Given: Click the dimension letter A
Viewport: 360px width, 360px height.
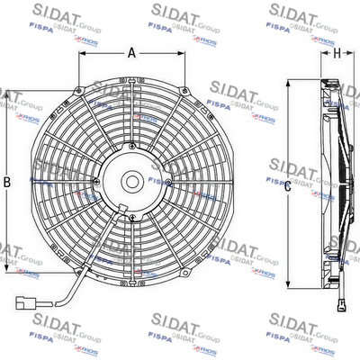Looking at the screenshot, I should tap(131, 53).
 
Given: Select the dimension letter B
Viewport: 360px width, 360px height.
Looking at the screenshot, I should tap(8, 183).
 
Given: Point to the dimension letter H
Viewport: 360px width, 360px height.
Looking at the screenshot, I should tap(337, 53).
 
